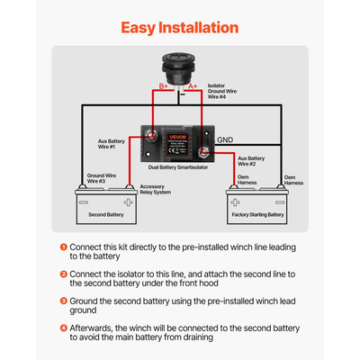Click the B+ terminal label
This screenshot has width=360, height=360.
pyautogui.click(x=165, y=86)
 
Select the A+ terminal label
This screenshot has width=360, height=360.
pyautogui.click(x=192, y=86)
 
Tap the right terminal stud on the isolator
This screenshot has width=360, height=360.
pyautogui.click(x=204, y=151)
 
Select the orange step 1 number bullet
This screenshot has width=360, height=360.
pyautogui.click(x=63, y=246)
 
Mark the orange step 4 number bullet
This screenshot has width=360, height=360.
pyautogui.click(x=63, y=328)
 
